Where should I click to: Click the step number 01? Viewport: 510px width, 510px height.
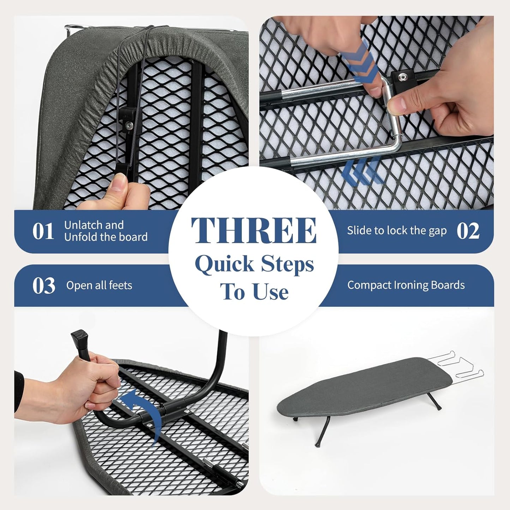click(43, 231)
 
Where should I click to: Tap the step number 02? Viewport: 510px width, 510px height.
click(468, 231)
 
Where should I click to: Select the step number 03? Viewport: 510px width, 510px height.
click(44, 286)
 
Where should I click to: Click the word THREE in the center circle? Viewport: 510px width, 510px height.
click(254, 230)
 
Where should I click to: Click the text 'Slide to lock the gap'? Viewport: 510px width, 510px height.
click(397, 231)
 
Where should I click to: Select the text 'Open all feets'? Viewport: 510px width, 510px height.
click(99, 285)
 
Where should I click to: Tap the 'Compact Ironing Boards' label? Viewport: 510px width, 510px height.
click(406, 285)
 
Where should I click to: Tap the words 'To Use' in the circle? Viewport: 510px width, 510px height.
click(254, 292)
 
